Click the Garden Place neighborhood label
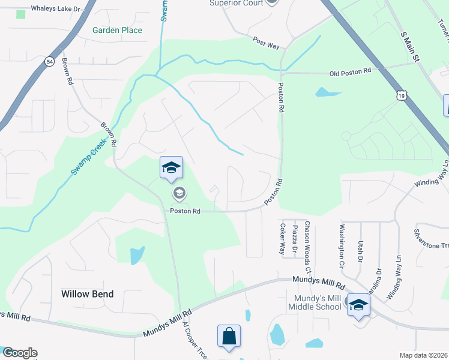click(118, 30)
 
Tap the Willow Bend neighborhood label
click(87, 294)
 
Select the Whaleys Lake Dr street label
click(47, 9)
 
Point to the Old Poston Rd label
click(351, 73)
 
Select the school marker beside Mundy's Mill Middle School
click(358, 305)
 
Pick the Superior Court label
click(236, 3)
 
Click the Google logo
click(19, 353)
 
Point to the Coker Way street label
click(282, 239)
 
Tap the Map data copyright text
click(423, 355)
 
